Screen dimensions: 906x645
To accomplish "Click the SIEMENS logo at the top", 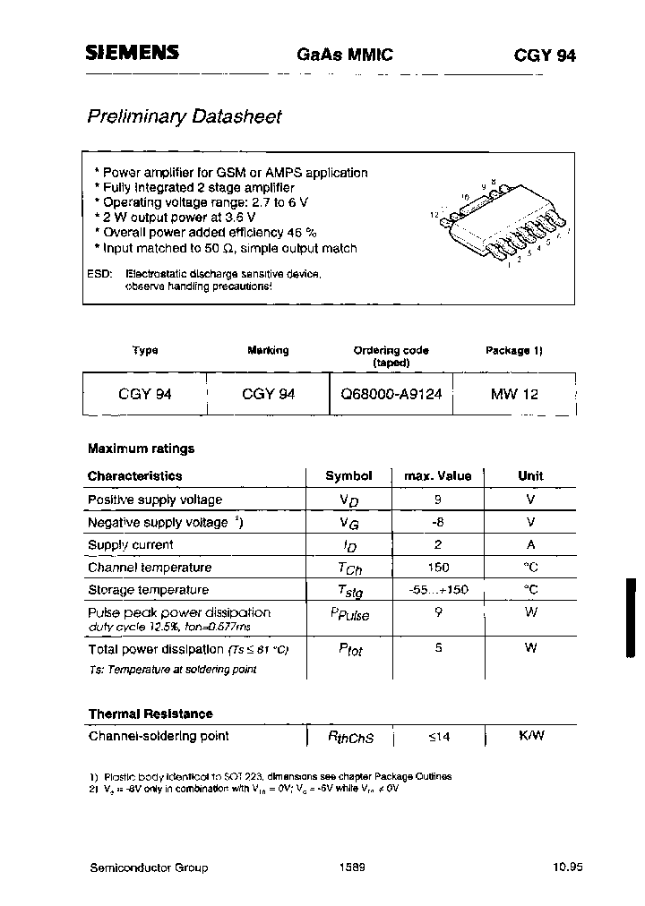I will [132, 54].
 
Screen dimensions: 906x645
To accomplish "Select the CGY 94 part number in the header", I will [545, 55].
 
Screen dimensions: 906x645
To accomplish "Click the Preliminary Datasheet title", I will [184, 116].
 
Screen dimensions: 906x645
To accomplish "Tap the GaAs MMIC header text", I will [345, 55].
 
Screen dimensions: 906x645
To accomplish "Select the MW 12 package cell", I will [514, 393].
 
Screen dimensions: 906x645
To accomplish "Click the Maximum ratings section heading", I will [141, 449].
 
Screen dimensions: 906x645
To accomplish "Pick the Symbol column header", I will [348, 476].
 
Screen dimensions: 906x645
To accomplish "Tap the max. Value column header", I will [438, 476].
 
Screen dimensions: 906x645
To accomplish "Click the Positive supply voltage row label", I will [155, 500].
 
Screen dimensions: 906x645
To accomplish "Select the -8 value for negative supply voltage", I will [438, 522].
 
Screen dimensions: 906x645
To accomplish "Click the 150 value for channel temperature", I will [438, 568].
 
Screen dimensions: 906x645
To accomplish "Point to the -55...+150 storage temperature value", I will [438, 590].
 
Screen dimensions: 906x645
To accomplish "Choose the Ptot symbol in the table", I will [349, 650].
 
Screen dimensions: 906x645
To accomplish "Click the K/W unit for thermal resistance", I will [531, 736].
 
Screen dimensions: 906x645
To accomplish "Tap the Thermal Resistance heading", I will [150, 714].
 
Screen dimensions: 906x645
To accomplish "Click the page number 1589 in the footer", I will [353, 868].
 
